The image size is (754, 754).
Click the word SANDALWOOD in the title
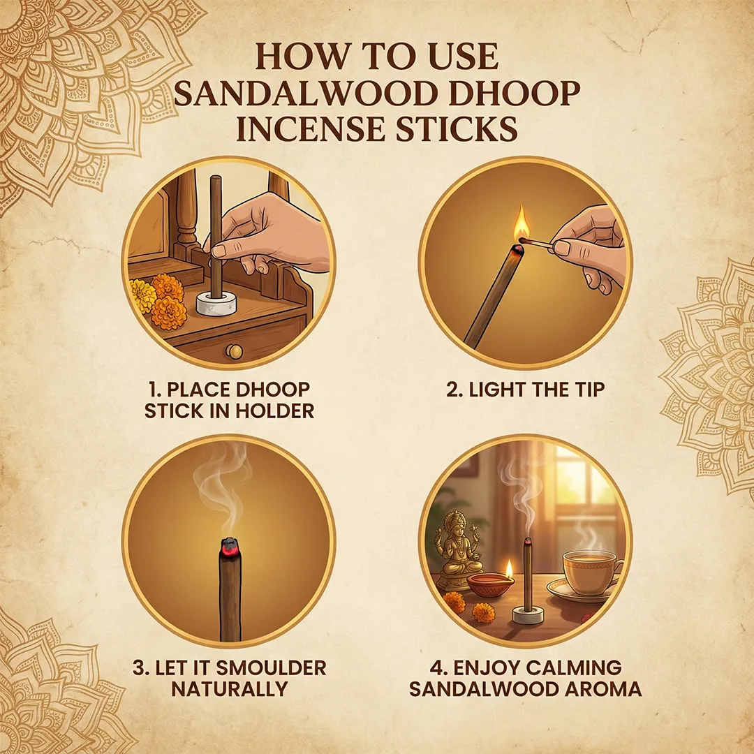[306, 93]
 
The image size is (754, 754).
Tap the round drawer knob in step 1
[234, 351]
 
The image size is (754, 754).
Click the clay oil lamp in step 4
[491, 582]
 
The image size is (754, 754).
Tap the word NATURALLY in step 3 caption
[230, 689]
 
